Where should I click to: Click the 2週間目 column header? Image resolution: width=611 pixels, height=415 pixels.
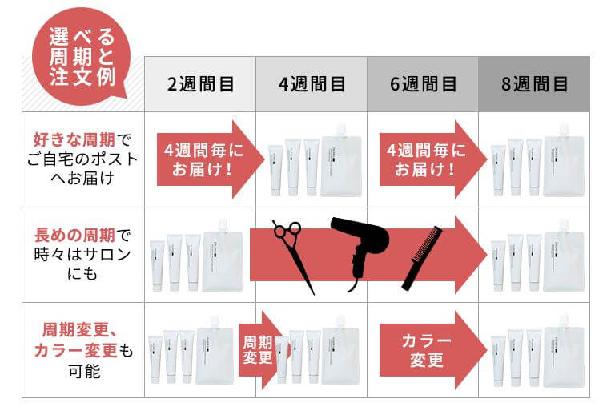click(200, 84)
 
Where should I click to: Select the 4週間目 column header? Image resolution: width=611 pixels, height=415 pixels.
click(312, 84)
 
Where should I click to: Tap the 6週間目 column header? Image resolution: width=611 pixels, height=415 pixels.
click(423, 84)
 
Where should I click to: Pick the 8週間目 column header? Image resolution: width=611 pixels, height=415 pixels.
click(534, 84)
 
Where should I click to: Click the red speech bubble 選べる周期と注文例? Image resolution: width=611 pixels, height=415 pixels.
click(81, 57)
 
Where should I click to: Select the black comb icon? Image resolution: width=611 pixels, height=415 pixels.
click(422, 259)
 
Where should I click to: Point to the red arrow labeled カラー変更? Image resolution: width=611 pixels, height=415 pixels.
click(432, 350)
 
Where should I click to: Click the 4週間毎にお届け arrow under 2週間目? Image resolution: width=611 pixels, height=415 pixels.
click(211, 159)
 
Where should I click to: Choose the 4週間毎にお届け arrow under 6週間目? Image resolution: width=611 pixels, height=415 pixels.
click(432, 159)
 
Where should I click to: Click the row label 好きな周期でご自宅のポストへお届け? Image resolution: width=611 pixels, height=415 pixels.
click(82, 159)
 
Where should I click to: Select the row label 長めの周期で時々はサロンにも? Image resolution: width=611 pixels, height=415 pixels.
click(82, 254)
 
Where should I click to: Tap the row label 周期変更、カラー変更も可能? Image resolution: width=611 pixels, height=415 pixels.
click(83, 350)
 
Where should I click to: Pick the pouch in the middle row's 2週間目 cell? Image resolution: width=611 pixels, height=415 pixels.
click(223, 256)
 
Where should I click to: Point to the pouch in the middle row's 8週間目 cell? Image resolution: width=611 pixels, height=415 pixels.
click(564, 256)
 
